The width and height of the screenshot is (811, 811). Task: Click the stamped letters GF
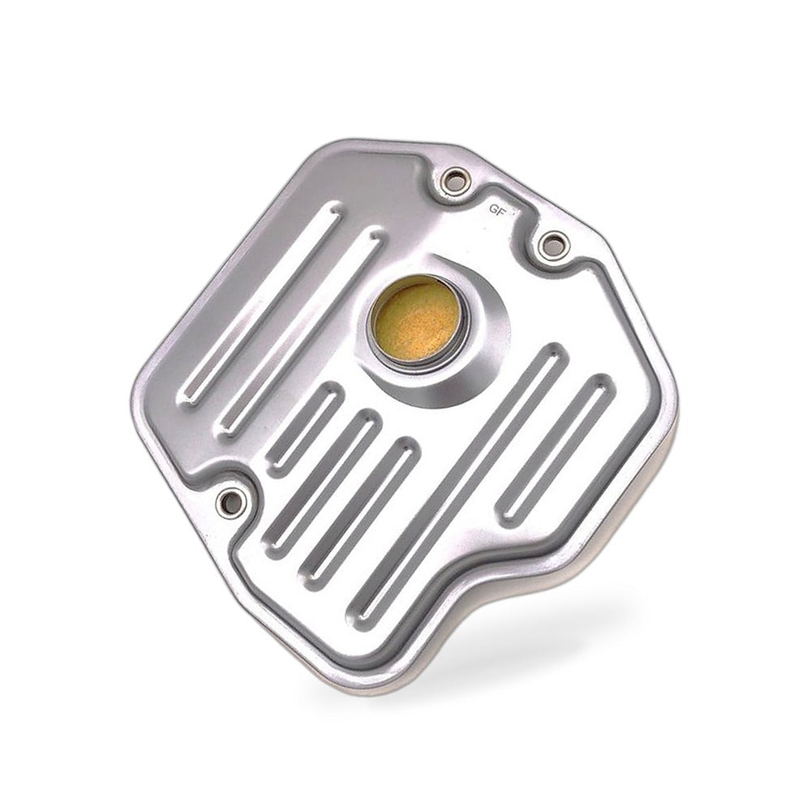click(496, 211)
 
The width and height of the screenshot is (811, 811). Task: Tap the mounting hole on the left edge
click(230, 500)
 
